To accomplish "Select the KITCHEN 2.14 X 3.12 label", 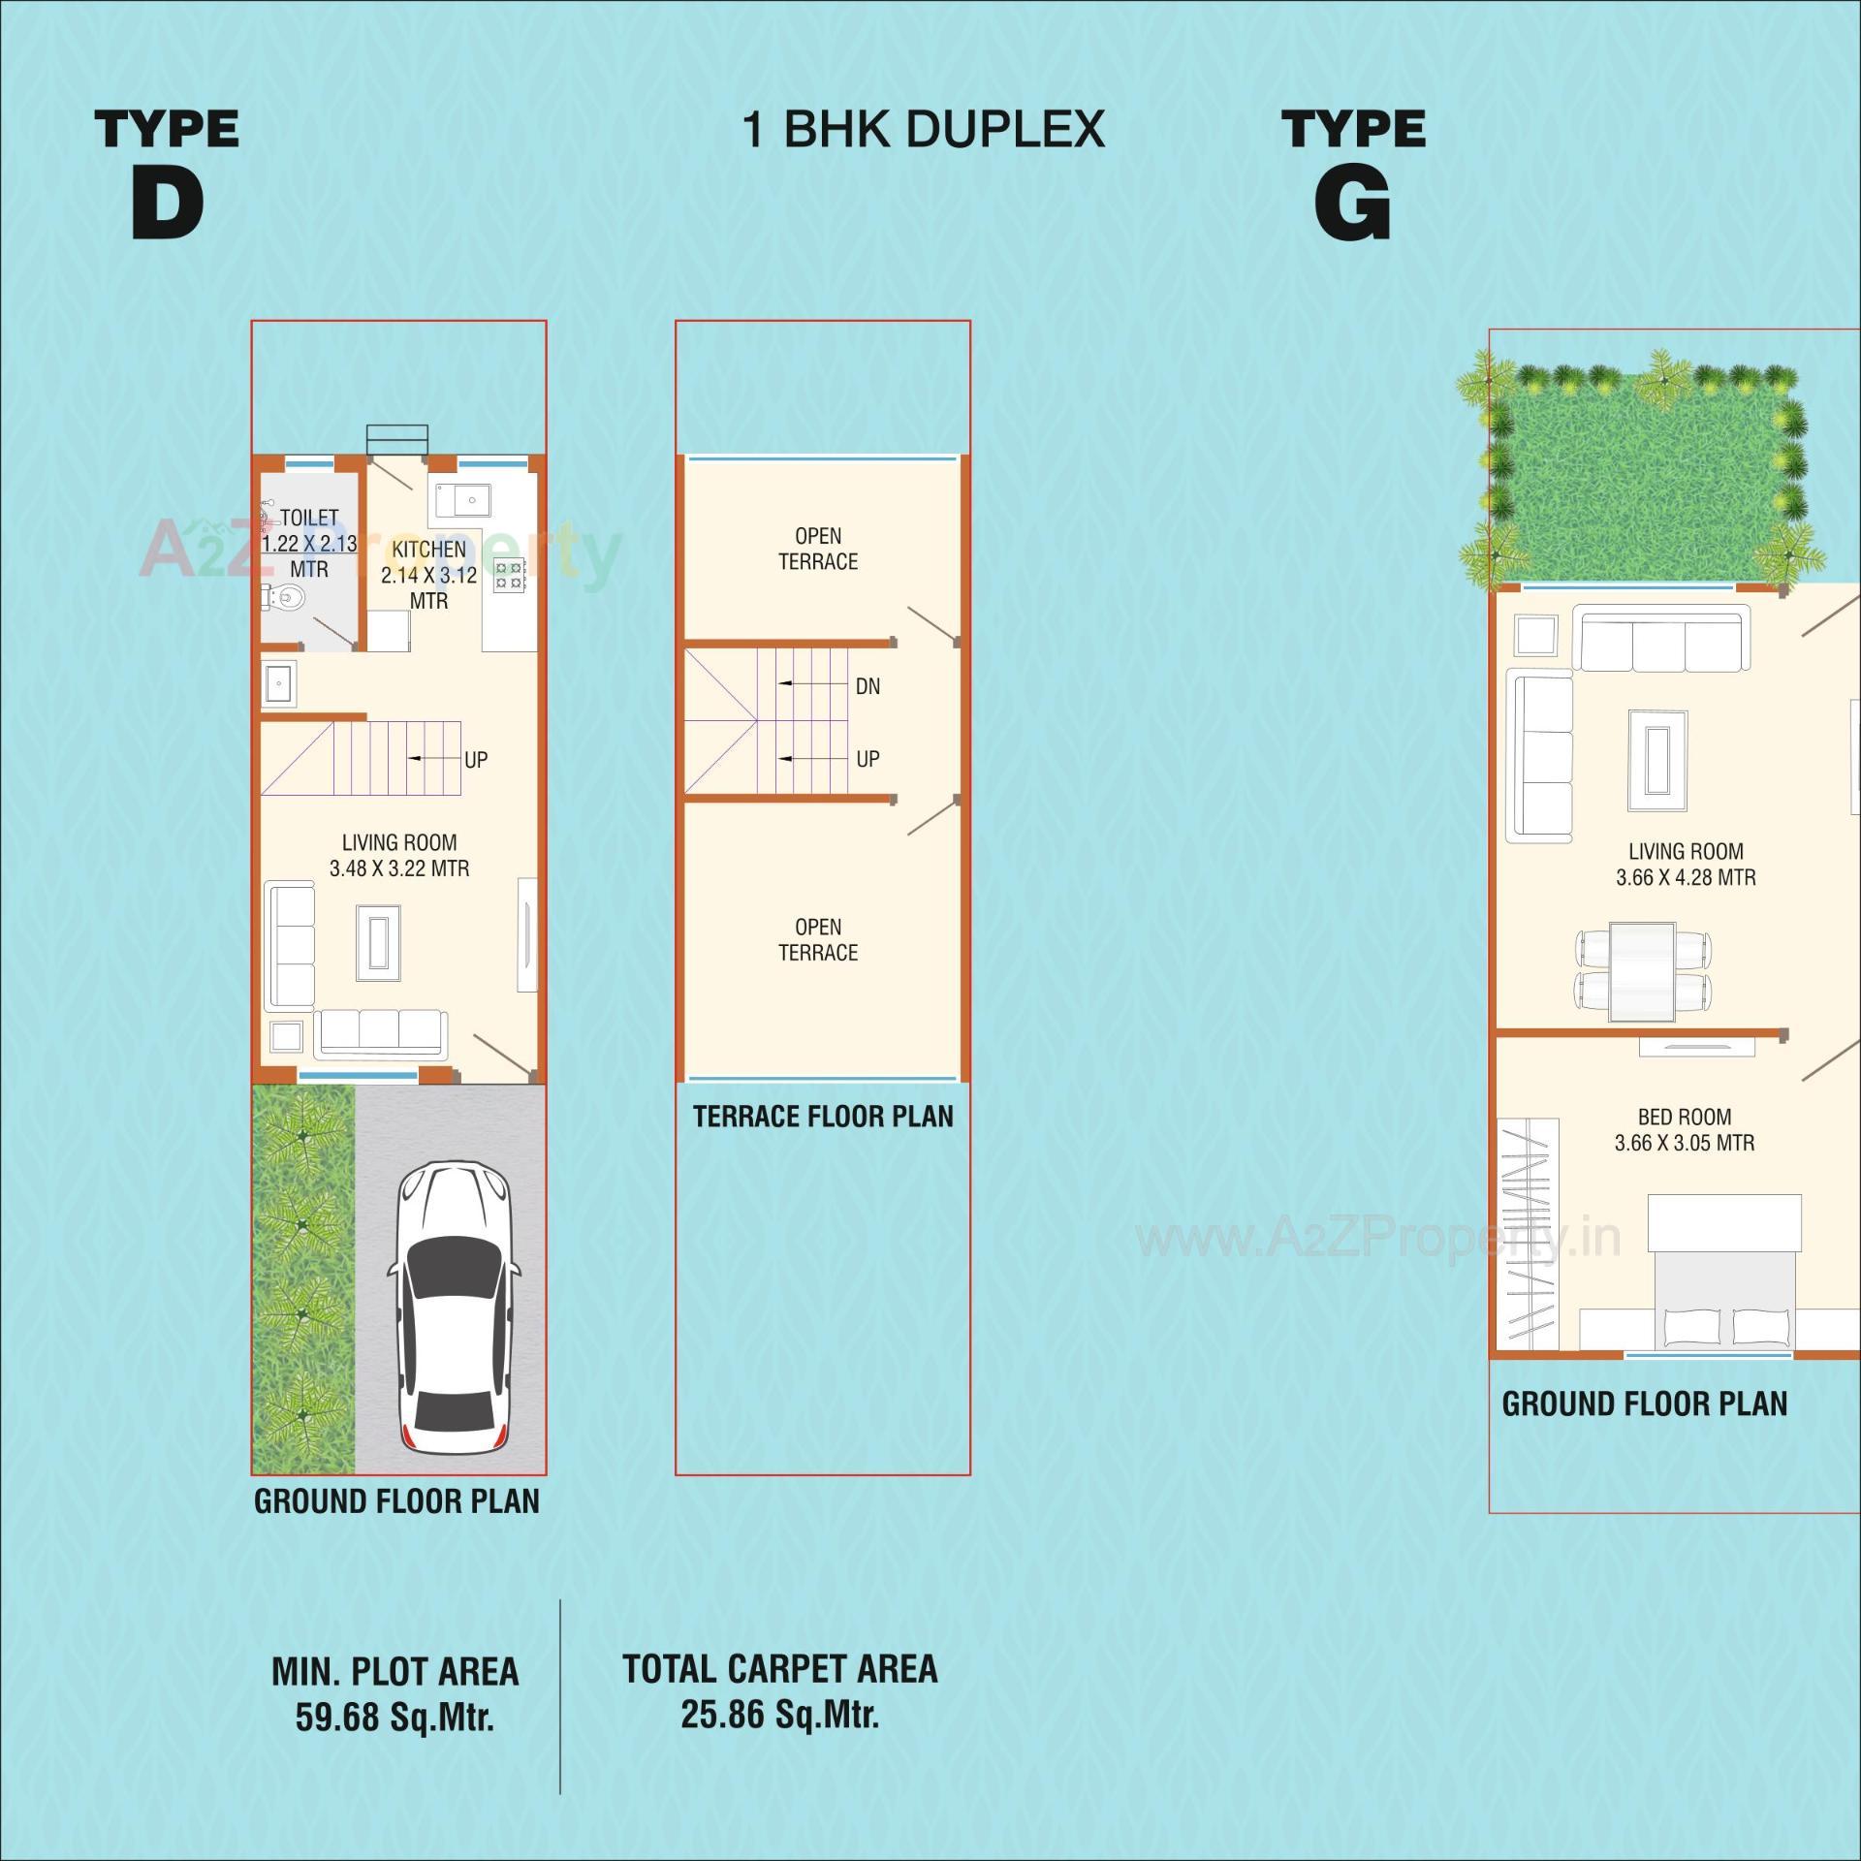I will coord(429,575).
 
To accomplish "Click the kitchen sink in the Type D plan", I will coord(462,501).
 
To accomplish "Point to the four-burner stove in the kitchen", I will coord(510,575).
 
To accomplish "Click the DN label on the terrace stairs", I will coord(867,686).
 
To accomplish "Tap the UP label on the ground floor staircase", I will coord(475,760).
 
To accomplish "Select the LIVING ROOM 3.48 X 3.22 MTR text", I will coord(399,856).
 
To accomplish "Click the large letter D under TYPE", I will coord(168,204).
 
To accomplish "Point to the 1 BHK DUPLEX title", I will coord(923,129).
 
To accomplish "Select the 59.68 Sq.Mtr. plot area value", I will coord(394,1718).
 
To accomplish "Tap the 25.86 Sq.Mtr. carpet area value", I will coord(779,1715).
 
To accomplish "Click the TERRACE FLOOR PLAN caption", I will coord(822,1117).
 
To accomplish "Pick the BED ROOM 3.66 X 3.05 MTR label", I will coord(1684,1130).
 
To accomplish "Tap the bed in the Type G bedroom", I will coord(1725,1279).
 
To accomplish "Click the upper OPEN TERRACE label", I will coord(818,549).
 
